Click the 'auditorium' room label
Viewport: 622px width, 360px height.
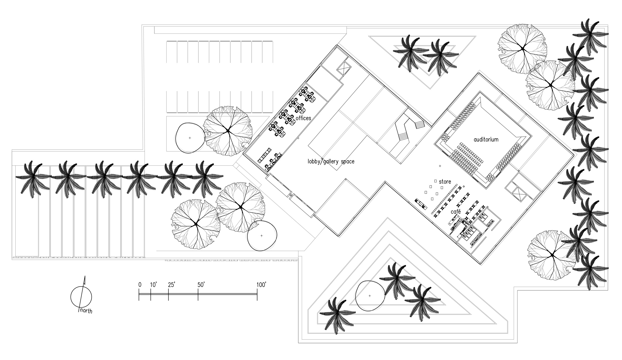pyautogui.click(x=486, y=139)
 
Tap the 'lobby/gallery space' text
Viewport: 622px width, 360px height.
pyautogui.click(x=331, y=162)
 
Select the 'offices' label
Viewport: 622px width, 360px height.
pyautogui.click(x=303, y=118)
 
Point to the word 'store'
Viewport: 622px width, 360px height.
pyautogui.click(x=445, y=182)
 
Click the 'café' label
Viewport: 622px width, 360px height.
pyautogui.click(x=456, y=211)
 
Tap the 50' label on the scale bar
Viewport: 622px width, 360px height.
pyautogui.click(x=201, y=285)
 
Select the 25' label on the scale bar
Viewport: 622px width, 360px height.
pyautogui.click(x=171, y=285)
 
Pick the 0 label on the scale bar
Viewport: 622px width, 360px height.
pyautogui.click(x=140, y=285)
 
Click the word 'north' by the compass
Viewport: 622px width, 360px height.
pyautogui.click(x=86, y=311)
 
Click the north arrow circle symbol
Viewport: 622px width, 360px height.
pyautogui.click(x=81, y=297)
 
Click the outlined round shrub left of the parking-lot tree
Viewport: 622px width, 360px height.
pyautogui.click(x=190, y=138)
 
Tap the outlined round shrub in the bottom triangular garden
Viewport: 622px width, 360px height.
pyautogui.click(x=370, y=296)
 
